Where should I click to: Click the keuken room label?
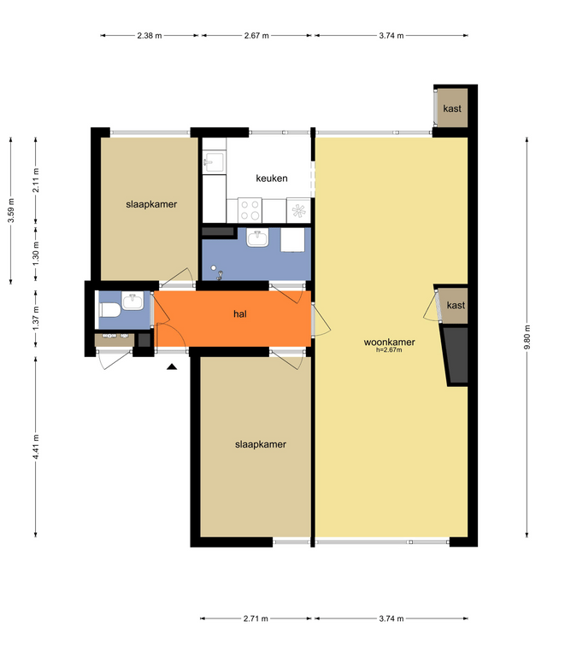(272, 179)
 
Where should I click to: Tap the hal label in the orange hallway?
(240, 313)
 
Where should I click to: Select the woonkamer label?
(389, 342)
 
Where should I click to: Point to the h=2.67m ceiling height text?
(389, 350)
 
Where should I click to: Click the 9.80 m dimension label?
(527, 337)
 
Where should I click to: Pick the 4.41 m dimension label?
(36, 447)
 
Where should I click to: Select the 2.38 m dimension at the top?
(150, 36)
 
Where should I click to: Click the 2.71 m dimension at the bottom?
(256, 618)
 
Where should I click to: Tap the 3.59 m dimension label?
(11, 210)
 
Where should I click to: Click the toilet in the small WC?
(109, 310)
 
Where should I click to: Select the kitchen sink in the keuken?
(214, 162)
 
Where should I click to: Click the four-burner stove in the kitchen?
(250, 210)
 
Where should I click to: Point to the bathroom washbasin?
(257, 237)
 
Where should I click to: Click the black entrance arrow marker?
(172, 367)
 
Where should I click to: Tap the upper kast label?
(452, 108)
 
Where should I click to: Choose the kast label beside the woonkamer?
(456, 305)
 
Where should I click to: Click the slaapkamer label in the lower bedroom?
(261, 444)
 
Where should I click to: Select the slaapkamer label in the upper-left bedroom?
(151, 204)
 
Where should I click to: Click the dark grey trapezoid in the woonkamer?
(456, 355)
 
